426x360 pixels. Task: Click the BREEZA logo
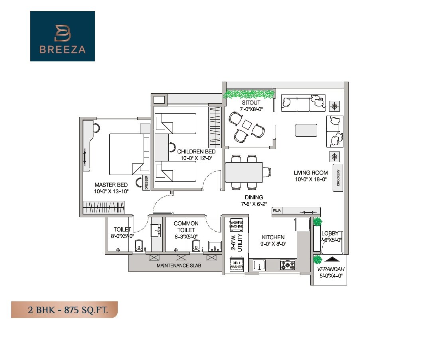(62, 36)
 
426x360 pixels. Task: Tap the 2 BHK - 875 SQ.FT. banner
(64, 309)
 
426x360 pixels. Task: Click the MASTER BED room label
(111, 185)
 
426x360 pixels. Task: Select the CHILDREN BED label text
(196, 151)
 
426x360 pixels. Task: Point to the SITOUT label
(248, 103)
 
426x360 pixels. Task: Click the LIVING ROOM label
(311, 173)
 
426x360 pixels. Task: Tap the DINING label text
(254, 197)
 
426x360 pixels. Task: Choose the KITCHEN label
(273, 237)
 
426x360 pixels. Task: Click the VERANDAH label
(329, 269)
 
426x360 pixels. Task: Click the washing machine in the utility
(236, 224)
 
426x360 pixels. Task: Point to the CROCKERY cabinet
(337, 178)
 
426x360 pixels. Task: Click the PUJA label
(277, 210)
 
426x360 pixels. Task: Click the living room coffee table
(306, 130)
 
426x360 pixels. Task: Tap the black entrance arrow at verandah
(329, 260)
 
